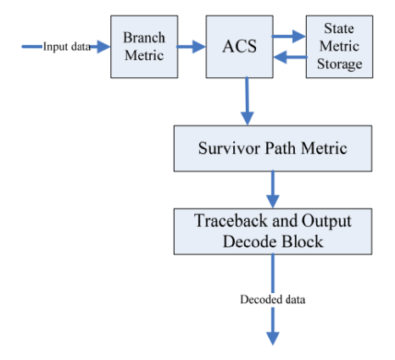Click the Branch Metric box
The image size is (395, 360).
point(144,47)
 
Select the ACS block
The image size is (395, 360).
point(243,47)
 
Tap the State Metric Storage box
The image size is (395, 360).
point(339,47)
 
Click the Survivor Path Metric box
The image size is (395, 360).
point(271,148)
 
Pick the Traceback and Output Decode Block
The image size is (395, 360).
point(271,229)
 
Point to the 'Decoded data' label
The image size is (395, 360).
point(272,299)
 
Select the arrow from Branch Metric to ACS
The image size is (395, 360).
point(193,47)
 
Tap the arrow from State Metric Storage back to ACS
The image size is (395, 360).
point(292,58)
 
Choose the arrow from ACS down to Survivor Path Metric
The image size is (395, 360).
point(247,100)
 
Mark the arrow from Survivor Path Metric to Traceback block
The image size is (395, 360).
point(272,187)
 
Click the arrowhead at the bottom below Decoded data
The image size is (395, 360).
point(272,337)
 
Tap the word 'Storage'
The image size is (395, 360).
point(339,64)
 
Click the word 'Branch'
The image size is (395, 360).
point(144,39)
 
